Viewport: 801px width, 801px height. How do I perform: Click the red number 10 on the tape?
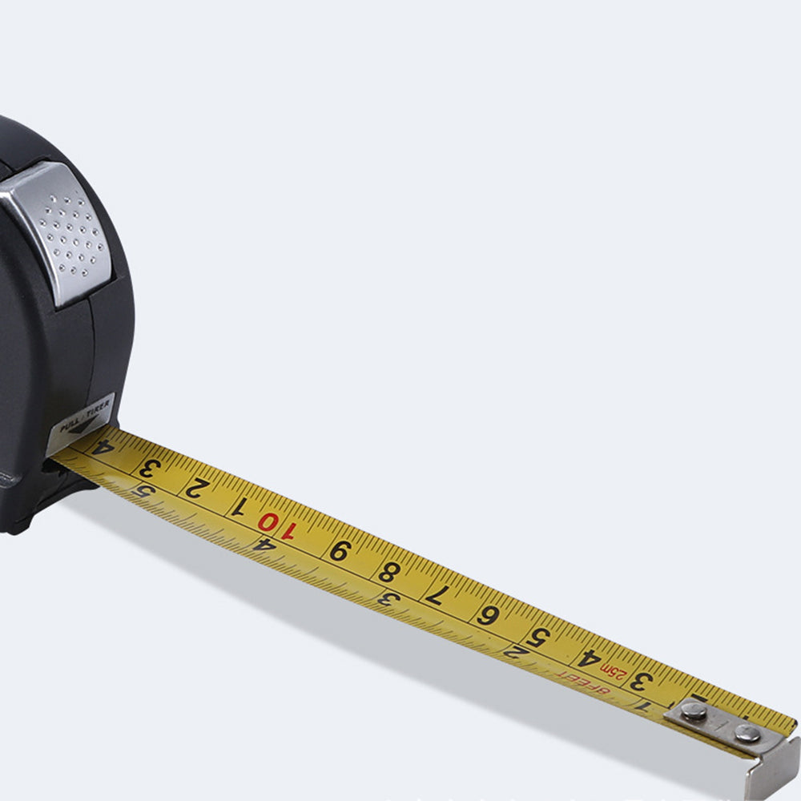coord(276,525)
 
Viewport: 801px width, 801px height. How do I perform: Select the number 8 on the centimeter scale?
coord(388,572)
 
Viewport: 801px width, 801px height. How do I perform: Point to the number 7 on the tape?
coord(436,594)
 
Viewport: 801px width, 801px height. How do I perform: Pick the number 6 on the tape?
coord(486,615)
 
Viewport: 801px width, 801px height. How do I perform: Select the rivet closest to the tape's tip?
coord(747,732)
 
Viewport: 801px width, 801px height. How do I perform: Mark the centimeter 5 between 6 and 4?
coord(539,638)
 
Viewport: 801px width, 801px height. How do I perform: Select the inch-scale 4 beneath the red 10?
coord(264,544)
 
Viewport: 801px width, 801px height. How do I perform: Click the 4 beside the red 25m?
coord(589,659)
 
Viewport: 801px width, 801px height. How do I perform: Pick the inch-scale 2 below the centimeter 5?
coord(514,650)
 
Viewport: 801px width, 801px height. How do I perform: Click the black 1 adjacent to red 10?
coord(238,507)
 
